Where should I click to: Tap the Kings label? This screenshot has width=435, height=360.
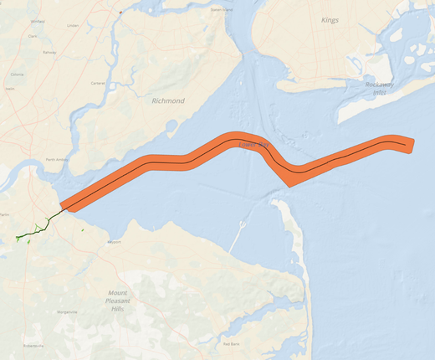pyautogui.click(x=330, y=19)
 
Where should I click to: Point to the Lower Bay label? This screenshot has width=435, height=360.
pyautogui.click(x=252, y=146)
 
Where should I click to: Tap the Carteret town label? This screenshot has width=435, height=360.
pyautogui.click(x=98, y=83)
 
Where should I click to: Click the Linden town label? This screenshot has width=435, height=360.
pyautogui.click(x=73, y=25)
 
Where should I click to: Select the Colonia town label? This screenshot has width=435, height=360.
pyautogui.click(x=16, y=75)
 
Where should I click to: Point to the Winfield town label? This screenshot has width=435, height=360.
pyautogui.click(x=38, y=21)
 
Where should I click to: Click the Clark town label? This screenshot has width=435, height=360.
pyautogui.click(x=33, y=37)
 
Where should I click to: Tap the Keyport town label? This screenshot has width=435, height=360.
pyautogui.click(x=115, y=243)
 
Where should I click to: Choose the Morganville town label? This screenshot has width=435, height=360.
pyautogui.click(x=67, y=311)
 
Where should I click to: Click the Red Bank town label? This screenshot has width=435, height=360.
pyautogui.click(x=231, y=343)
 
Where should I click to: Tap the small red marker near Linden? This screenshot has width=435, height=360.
pyautogui.click(x=120, y=13)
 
